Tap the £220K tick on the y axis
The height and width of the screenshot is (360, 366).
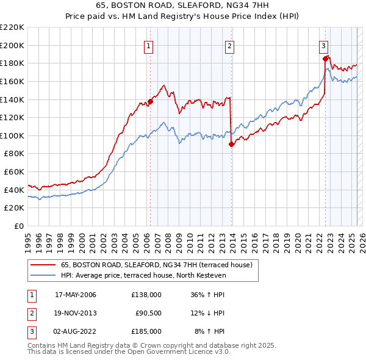click(x=12, y=27)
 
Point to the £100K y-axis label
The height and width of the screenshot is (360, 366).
click(x=12, y=135)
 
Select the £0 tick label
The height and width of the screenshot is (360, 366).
click(x=18, y=226)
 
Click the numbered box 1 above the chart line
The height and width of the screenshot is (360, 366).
click(x=149, y=45)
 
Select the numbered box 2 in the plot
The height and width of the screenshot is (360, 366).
click(x=230, y=45)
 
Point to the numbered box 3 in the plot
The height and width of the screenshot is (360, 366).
click(x=323, y=45)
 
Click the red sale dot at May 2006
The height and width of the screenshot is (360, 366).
click(x=150, y=102)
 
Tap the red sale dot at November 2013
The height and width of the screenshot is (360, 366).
click(x=231, y=145)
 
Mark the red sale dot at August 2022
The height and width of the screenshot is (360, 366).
click(x=325, y=59)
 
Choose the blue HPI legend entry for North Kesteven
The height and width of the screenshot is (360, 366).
click(x=143, y=276)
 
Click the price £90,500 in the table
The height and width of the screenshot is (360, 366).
click(x=148, y=313)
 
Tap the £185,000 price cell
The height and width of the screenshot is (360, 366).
click(x=146, y=331)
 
